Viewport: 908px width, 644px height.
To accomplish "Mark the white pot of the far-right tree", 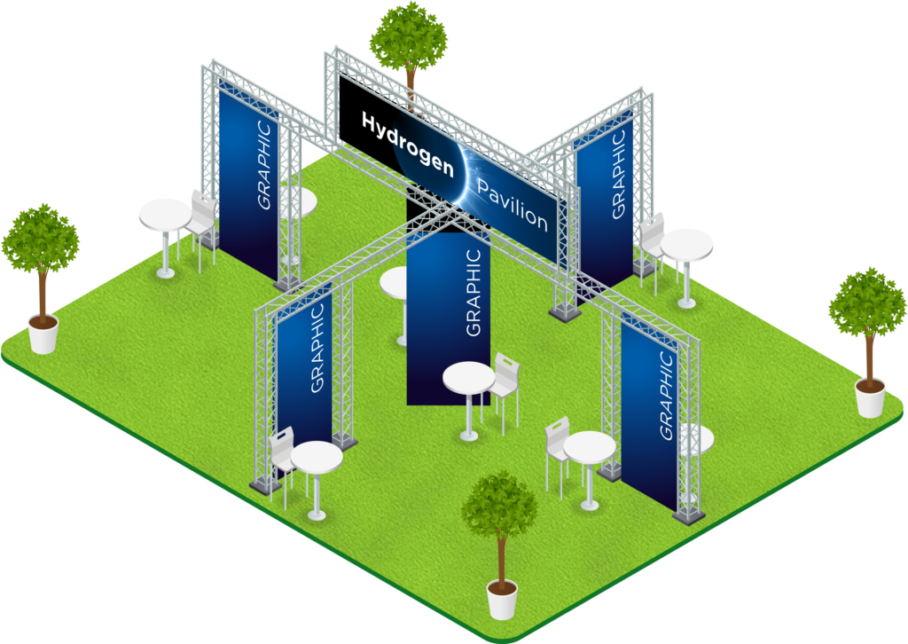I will pyautogui.click(x=871, y=398).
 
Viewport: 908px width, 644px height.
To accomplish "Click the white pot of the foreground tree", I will pyautogui.click(x=502, y=601).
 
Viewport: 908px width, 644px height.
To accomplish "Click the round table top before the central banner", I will pyautogui.click(x=468, y=377).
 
